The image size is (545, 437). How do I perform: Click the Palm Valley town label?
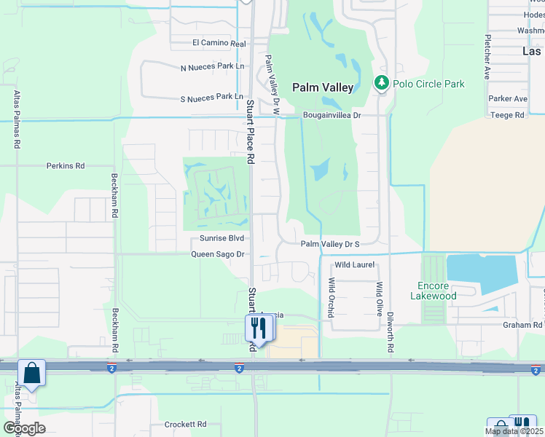point(323,87)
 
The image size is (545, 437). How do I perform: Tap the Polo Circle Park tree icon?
point(381,83)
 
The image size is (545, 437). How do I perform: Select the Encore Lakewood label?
point(437,291)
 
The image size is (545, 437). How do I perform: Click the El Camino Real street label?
point(219,44)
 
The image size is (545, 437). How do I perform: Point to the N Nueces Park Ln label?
point(211,68)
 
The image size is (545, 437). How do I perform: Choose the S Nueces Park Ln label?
point(211,96)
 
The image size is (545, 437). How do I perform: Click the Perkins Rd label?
point(66,166)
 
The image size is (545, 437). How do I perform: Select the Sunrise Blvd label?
point(221,238)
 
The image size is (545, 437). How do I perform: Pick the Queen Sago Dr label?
point(217,254)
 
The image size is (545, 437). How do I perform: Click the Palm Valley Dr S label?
point(330,245)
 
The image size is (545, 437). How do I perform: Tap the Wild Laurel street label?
point(354,265)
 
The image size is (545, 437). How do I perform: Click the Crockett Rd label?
point(185,424)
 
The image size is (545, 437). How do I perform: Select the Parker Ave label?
point(508,98)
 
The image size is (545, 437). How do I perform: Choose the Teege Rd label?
point(508,115)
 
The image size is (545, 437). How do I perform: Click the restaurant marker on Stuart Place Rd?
point(259,328)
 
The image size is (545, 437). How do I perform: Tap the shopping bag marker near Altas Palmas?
point(33,373)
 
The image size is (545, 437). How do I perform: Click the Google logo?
point(23,428)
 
